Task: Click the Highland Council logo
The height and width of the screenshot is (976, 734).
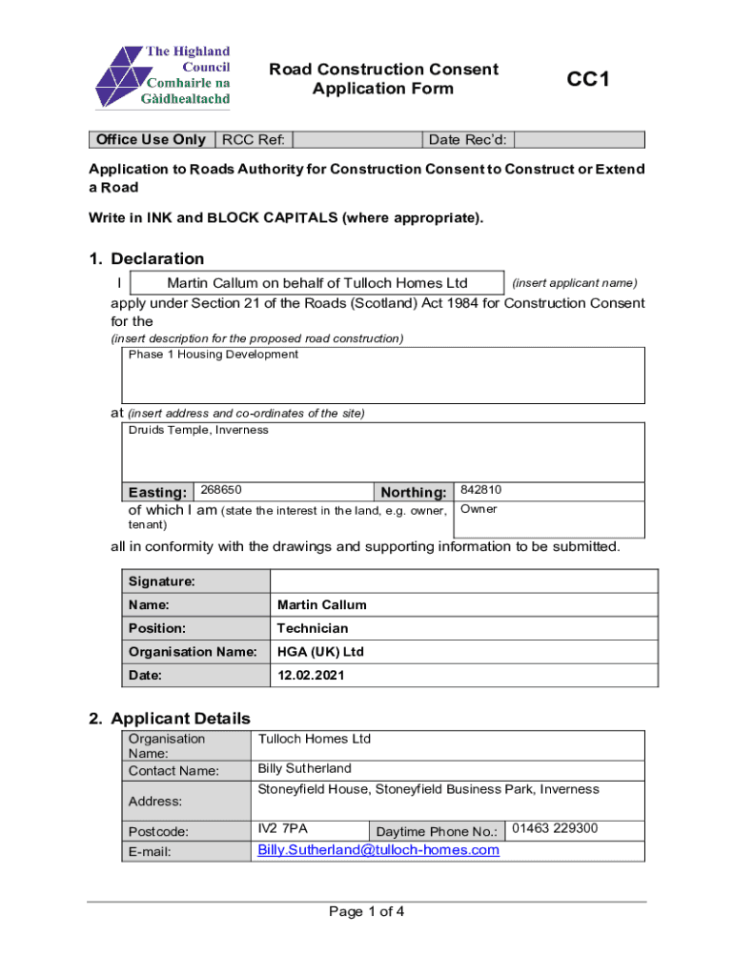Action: click(x=162, y=76)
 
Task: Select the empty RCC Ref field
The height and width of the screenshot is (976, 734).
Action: click(x=357, y=140)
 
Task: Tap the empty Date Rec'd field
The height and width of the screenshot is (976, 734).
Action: click(x=579, y=140)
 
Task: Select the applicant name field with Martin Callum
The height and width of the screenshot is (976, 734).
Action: click(x=316, y=283)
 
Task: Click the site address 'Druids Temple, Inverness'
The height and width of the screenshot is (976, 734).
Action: click(x=198, y=430)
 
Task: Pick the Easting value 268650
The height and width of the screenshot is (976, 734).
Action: click(x=220, y=490)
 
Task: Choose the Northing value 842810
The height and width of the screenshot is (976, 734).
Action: click(x=481, y=490)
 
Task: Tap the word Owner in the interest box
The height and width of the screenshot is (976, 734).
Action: click(x=479, y=509)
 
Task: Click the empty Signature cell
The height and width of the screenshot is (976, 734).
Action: click(x=463, y=581)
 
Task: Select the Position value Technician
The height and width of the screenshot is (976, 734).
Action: click(x=313, y=628)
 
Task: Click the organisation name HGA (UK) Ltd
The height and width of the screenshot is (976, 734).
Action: click(x=320, y=652)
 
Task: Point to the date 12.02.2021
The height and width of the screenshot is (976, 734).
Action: click(x=311, y=675)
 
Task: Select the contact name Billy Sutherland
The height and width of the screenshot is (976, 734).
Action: click(x=305, y=768)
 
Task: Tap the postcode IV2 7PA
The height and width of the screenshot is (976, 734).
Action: click(x=283, y=828)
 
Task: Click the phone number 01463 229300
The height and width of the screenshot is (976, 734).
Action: click(x=555, y=828)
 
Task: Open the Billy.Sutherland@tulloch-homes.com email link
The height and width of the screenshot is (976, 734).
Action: click(x=378, y=850)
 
